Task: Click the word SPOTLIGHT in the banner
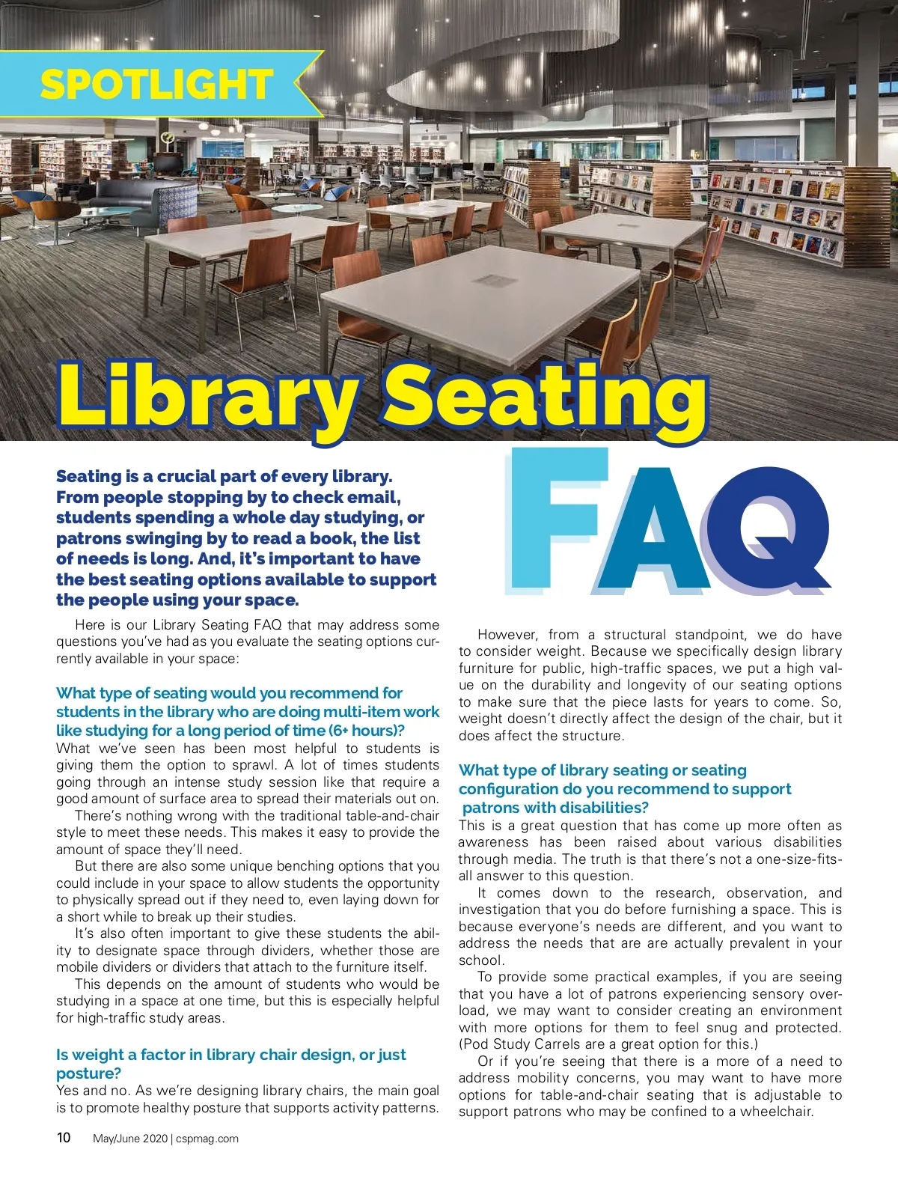(x=156, y=84)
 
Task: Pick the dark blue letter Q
(x=768, y=528)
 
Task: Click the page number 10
(x=64, y=1138)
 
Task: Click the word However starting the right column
(x=507, y=635)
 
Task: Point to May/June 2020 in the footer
(x=130, y=1139)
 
